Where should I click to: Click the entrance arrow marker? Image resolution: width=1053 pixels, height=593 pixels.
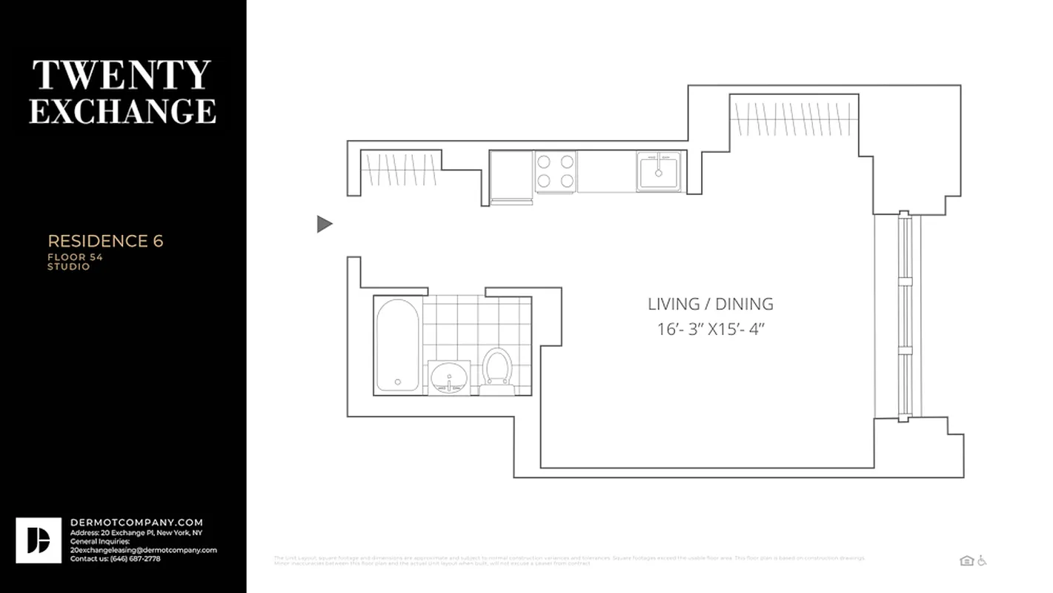click(x=324, y=224)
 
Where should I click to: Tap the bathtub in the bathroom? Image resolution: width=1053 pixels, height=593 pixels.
click(x=397, y=345)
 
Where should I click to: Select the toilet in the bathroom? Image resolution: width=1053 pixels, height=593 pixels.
click(x=496, y=368)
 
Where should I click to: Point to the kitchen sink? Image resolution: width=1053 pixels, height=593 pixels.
click(x=658, y=171)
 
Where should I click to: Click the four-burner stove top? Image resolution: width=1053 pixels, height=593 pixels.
click(x=555, y=171)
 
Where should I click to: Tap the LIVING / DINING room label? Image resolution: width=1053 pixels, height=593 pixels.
click(x=710, y=304)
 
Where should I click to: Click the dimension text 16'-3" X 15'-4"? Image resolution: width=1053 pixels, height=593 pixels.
click(x=710, y=329)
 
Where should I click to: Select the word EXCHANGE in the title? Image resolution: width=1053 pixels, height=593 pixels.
click(x=122, y=110)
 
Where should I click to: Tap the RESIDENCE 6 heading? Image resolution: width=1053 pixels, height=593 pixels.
click(x=105, y=242)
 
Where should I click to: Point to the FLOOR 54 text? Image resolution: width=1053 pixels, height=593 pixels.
click(x=75, y=257)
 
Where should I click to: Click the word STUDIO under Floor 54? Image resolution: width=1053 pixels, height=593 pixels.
click(x=69, y=267)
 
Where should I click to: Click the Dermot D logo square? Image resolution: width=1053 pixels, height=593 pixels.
click(x=39, y=540)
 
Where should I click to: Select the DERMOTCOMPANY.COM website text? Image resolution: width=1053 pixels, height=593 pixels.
click(x=136, y=523)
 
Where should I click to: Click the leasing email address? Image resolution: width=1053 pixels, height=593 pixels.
click(x=143, y=550)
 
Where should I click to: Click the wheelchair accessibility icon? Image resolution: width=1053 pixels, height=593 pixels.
click(x=982, y=560)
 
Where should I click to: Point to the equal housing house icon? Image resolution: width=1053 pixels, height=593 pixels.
click(x=966, y=560)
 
